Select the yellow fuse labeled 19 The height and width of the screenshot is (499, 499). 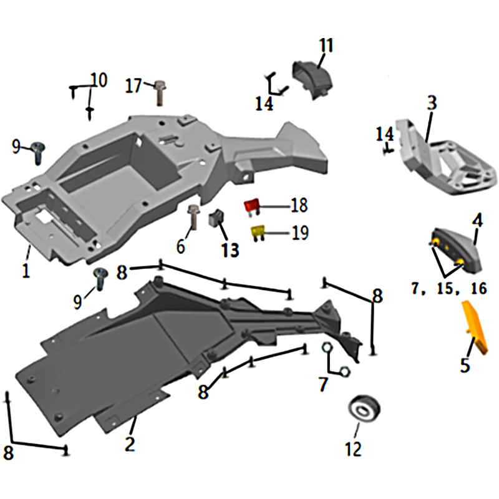[x=258, y=232]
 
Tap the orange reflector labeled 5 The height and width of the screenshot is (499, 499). [x=474, y=327]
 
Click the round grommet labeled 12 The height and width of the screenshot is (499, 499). [x=364, y=409]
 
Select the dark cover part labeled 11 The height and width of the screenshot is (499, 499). [x=312, y=80]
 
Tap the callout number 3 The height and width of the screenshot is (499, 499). [x=432, y=103]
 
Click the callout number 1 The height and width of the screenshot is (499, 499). [x=26, y=270]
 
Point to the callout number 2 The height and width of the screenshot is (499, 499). [x=130, y=444]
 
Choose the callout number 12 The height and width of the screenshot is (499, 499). [x=353, y=448]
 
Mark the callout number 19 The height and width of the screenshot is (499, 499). [x=301, y=233]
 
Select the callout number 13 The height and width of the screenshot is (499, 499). [x=230, y=250]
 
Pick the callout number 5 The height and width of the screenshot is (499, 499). [x=465, y=365]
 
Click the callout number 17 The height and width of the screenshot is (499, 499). [x=133, y=85]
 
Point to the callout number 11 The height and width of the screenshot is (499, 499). [x=326, y=46]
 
